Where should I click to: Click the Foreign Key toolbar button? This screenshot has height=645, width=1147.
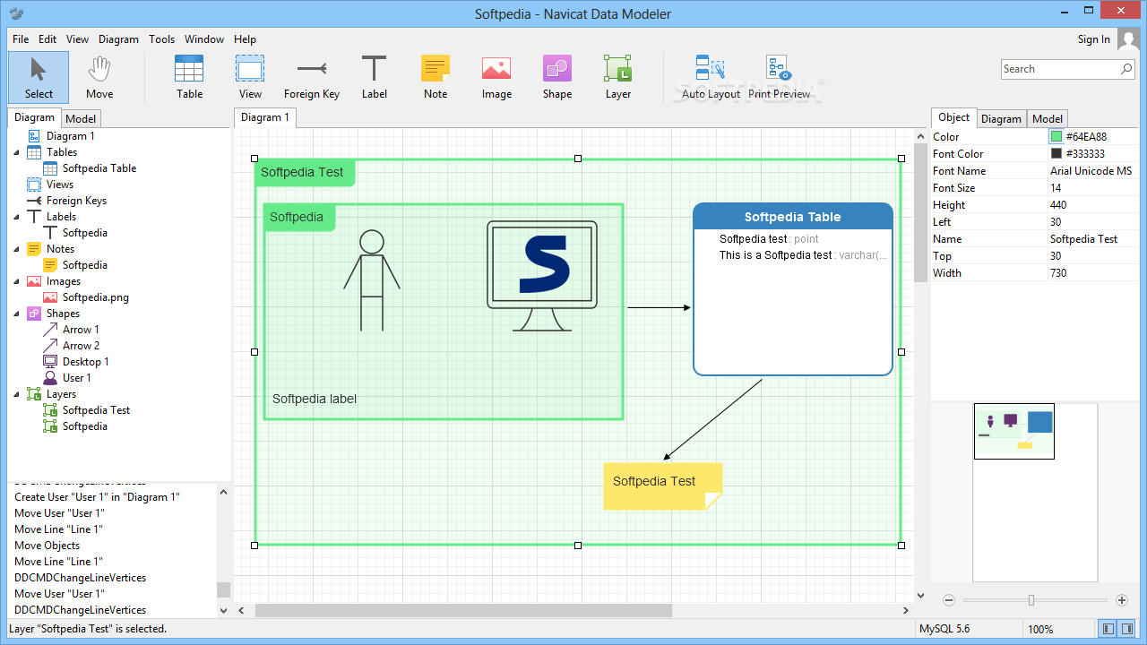click(312, 78)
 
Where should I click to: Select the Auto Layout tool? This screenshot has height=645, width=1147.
click(711, 78)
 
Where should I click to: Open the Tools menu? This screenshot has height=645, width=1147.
click(162, 39)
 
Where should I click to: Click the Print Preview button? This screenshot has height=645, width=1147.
click(779, 78)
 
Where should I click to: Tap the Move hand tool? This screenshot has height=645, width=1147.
click(99, 78)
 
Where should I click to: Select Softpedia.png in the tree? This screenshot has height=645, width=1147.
click(95, 297)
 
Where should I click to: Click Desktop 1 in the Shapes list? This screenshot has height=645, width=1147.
click(85, 362)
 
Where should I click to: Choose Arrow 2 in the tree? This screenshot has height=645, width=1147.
click(81, 346)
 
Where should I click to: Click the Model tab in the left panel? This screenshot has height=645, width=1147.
click(81, 119)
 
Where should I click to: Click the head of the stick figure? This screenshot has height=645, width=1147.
click(372, 242)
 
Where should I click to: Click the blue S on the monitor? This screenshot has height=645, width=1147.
click(545, 264)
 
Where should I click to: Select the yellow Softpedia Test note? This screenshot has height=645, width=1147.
click(662, 486)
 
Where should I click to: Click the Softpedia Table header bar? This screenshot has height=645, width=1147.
click(793, 217)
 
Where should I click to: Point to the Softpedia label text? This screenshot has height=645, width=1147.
click(315, 399)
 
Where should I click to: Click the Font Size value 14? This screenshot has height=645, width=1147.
click(1056, 188)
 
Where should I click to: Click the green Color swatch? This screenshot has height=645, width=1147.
click(1056, 137)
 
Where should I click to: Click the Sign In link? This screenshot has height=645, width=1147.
click(1094, 39)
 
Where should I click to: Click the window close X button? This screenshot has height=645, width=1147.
click(1121, 11)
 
